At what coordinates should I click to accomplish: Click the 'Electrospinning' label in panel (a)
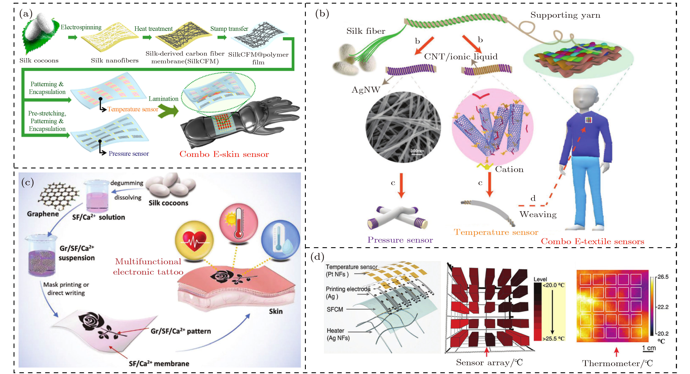click(81, 27)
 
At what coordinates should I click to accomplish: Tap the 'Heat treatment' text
click(153, 29)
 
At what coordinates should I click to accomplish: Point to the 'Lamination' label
click(163, 99)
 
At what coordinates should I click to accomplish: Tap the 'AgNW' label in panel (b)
click(366, 90)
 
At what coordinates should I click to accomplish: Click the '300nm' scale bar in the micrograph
click(417, 152)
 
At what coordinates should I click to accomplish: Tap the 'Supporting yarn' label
click(565, 15)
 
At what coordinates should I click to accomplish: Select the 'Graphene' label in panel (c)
click(43, 214)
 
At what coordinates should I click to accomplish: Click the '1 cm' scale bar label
click(649, 348)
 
